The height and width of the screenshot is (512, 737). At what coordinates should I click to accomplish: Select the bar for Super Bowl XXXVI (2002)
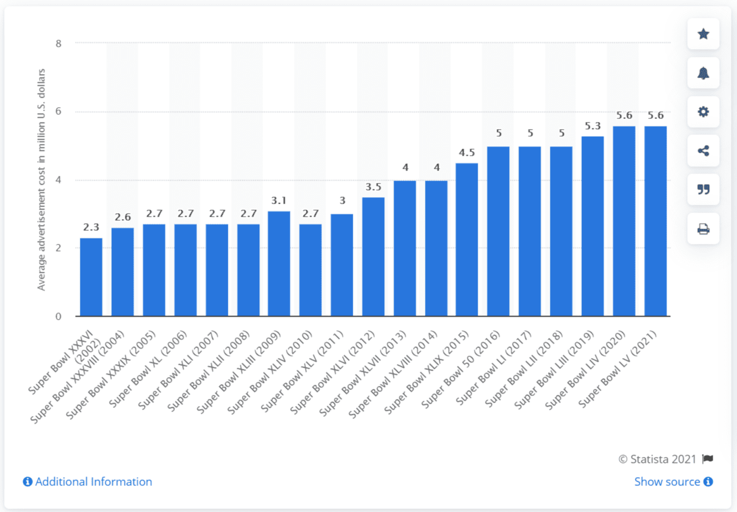point(91,277)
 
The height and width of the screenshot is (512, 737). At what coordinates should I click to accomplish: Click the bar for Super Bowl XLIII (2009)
point(279,263)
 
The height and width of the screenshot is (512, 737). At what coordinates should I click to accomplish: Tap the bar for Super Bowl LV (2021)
point(655,221)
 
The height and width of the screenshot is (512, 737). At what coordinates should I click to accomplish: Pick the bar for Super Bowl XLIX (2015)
point(467,240)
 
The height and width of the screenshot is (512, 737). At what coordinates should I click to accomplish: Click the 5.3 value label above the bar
point(593,126)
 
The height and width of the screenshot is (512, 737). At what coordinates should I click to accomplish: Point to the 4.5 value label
point(467,153)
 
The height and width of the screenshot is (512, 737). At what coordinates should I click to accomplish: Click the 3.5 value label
point(374,187)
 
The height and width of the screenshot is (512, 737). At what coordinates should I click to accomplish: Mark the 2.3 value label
point(91,227)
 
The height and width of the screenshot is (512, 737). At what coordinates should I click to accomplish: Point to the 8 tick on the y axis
point(59,43)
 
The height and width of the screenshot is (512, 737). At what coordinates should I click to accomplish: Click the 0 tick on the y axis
point(59,317)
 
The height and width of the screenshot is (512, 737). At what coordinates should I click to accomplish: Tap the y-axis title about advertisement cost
point(41,180)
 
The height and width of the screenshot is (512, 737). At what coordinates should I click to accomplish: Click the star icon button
point(703,34)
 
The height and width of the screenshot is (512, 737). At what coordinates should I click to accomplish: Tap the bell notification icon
point(703,73)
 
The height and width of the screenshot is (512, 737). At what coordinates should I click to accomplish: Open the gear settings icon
point(703,112)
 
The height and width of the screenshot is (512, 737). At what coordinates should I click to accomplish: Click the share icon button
point(703,151)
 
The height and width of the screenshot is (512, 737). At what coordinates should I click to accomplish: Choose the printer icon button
point(703,228)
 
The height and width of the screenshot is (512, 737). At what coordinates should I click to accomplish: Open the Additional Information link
point(88,482)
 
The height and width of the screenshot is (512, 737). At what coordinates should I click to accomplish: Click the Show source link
point(674,482)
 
